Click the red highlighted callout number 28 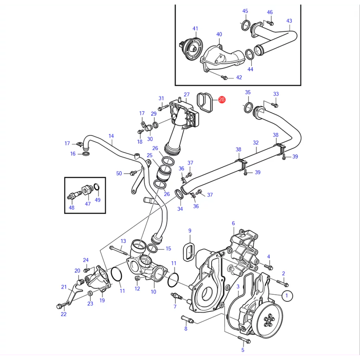[222, 99]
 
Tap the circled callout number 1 [287, 296]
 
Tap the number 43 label [289, 21]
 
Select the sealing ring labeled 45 [246, 25]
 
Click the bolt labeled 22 [61, 306]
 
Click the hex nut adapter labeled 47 [87, 190]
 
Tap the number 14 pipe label [111, 136]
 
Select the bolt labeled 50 [133, 173]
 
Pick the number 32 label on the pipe [256, 143]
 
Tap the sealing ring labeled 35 [248, 108]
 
